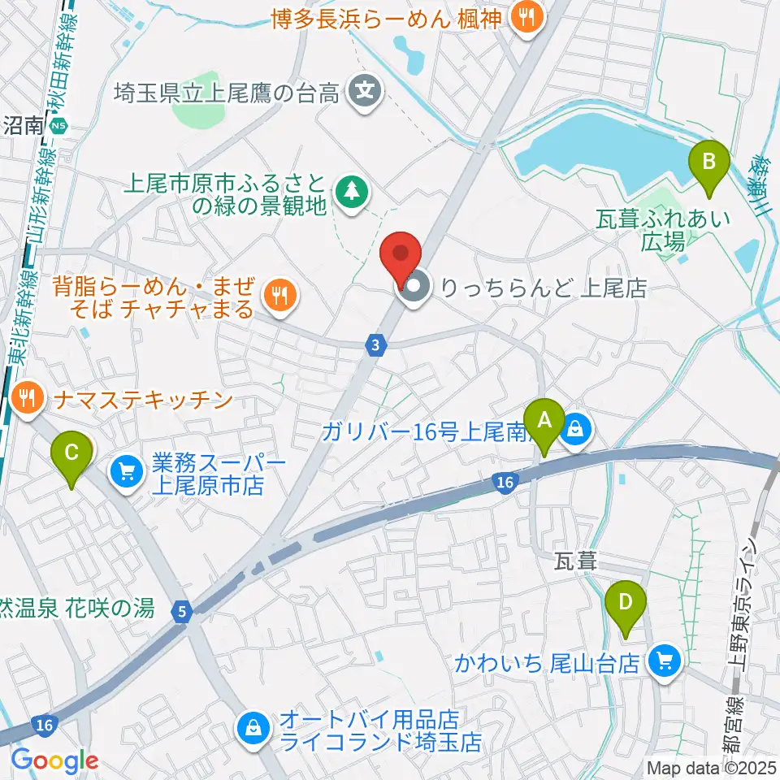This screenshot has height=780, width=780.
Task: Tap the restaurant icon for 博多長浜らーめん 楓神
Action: click(x=526, y=18)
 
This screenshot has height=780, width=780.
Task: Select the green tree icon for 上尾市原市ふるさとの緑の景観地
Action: click(x=351, y=193)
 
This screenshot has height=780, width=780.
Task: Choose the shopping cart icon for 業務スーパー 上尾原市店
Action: click(x=127, y=471)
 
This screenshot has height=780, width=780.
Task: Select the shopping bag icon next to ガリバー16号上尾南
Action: click(x=575, y=427)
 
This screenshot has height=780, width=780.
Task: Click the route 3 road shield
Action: click(x=374, y=346)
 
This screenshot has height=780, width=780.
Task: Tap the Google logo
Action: click(x=54, y=760)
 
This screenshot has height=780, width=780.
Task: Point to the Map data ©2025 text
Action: click(x=712, y=767)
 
